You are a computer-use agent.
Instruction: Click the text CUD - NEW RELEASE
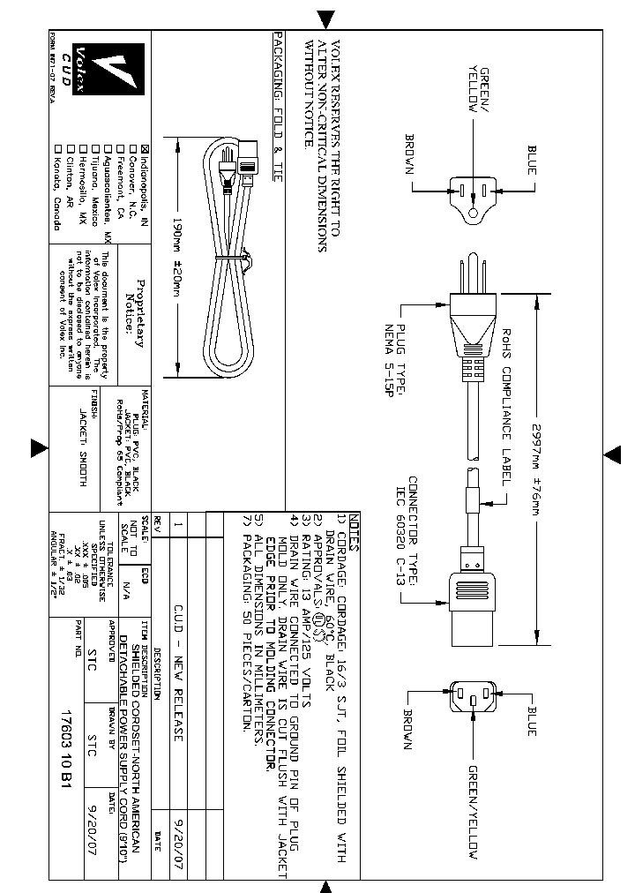(x=178, y=661)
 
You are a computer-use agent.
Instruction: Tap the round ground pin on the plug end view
(x=474, y=213)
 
